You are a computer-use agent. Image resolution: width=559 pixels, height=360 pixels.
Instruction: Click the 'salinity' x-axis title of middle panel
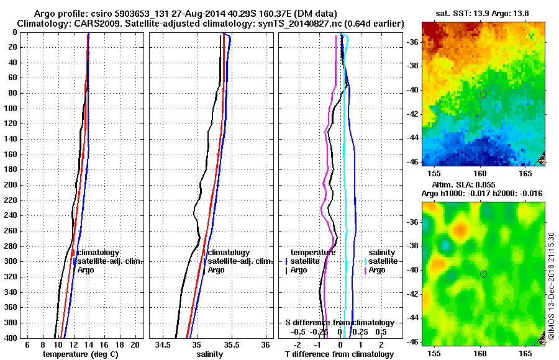[209, 354]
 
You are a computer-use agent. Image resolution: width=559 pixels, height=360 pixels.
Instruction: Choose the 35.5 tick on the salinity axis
[231, 344]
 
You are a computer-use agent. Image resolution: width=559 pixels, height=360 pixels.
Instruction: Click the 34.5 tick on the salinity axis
[163, 344]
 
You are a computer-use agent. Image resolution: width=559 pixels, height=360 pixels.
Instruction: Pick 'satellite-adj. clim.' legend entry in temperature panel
[110, 261]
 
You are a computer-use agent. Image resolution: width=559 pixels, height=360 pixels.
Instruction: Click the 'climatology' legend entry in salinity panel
[229, 253]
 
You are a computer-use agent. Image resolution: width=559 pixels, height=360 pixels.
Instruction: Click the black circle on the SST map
[483, 94]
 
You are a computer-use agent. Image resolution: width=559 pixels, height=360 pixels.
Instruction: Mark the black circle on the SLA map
[483, 274]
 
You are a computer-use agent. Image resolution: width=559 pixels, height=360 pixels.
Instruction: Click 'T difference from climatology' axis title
[339, 354]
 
